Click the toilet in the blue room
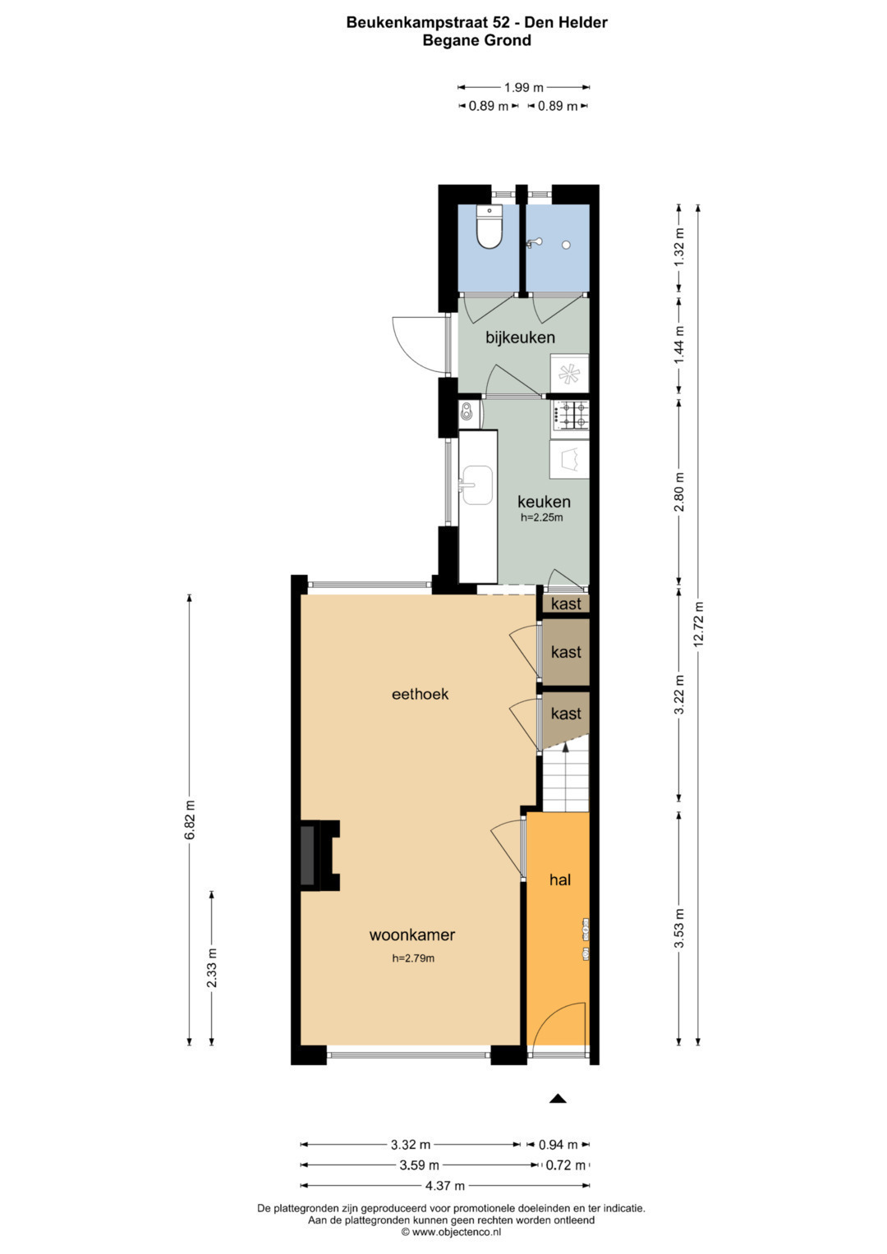click(489, 227)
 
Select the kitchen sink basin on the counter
click(476, 485)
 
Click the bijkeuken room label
click(520, 338)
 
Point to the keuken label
click(544, 501)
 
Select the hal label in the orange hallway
click(560, 880)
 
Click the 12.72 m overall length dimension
click(698, 623)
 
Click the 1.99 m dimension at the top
click(524, 87)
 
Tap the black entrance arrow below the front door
click(558, 1098)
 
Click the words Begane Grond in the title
click(476, 40)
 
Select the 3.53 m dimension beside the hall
click(679, 928)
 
